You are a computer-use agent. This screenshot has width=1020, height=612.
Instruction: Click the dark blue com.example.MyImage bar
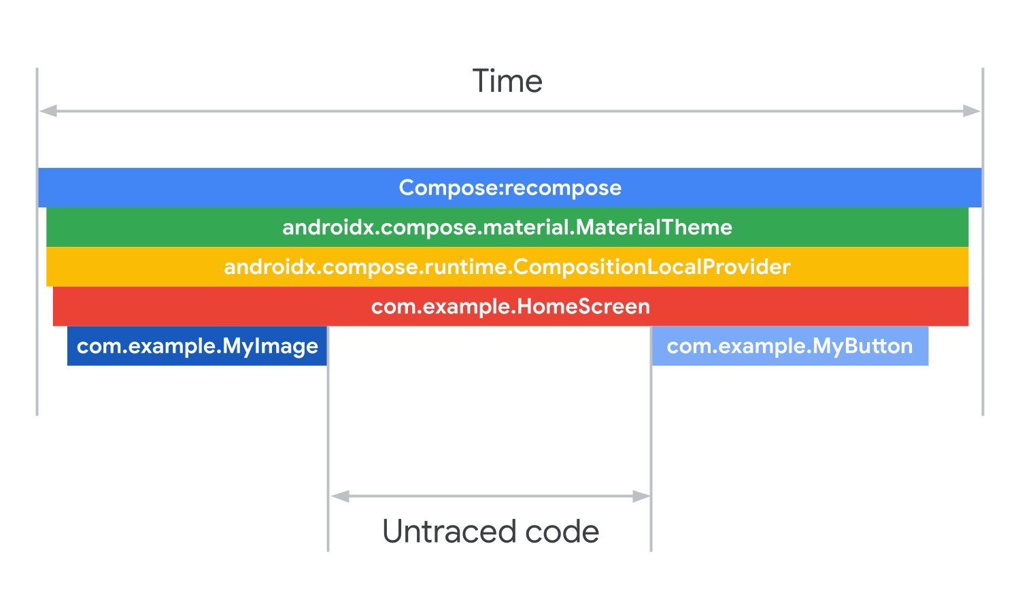click(x=197, y=346)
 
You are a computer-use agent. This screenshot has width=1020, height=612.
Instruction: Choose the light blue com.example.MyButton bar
click(x=790, y=346)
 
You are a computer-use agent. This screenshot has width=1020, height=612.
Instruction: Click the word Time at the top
click(x=507, y=82)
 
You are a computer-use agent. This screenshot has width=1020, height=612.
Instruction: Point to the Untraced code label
click(x=490, y=531)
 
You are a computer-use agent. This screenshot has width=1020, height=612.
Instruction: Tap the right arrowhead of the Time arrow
click(x=972, y=111)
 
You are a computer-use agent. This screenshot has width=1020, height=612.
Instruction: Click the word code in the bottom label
click(x=562, y=531)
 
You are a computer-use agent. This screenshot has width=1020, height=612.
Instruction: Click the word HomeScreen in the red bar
click(x=583, y=306)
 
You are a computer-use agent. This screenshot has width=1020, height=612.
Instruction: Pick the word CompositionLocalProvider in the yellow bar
click(x=651, y=267)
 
